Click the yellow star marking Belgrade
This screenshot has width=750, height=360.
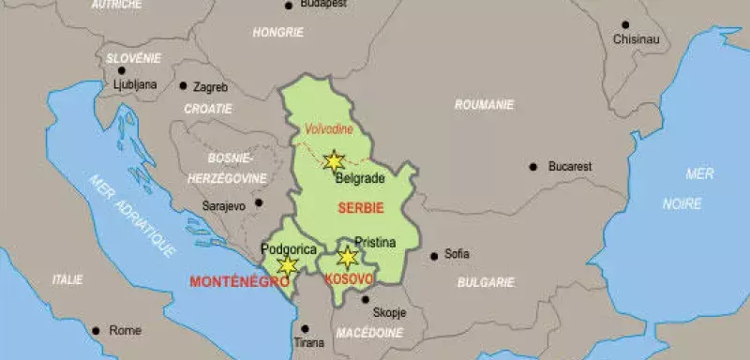[x=333, y=160]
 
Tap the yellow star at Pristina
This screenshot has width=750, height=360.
[x=348, y=257]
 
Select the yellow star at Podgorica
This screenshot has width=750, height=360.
[x=288, y=266]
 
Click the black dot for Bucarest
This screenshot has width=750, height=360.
[x=533, y=166]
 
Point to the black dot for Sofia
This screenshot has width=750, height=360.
[x=434, y=254]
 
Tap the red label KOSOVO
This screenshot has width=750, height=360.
[x=349, y=279]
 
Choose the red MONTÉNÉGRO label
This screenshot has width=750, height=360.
[x=226, y=280]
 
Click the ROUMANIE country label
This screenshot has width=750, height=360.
[x=485, y=105]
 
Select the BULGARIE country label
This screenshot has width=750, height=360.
[x=486, y=281]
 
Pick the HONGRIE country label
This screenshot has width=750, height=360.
[x=278, y=32]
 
